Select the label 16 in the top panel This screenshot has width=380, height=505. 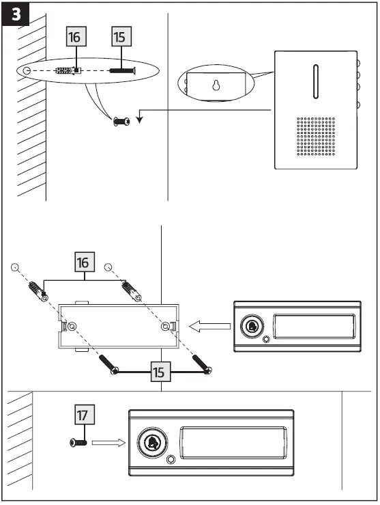point(76,37)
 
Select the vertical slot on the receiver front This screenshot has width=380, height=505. point(315,82)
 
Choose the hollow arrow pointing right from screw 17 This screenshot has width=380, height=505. point(109,443)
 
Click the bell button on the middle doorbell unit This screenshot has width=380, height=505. point(252,327)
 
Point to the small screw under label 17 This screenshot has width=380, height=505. point(77,443)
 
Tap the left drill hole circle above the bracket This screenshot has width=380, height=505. point(15,267)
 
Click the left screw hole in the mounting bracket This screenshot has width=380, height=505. point(72,327)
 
